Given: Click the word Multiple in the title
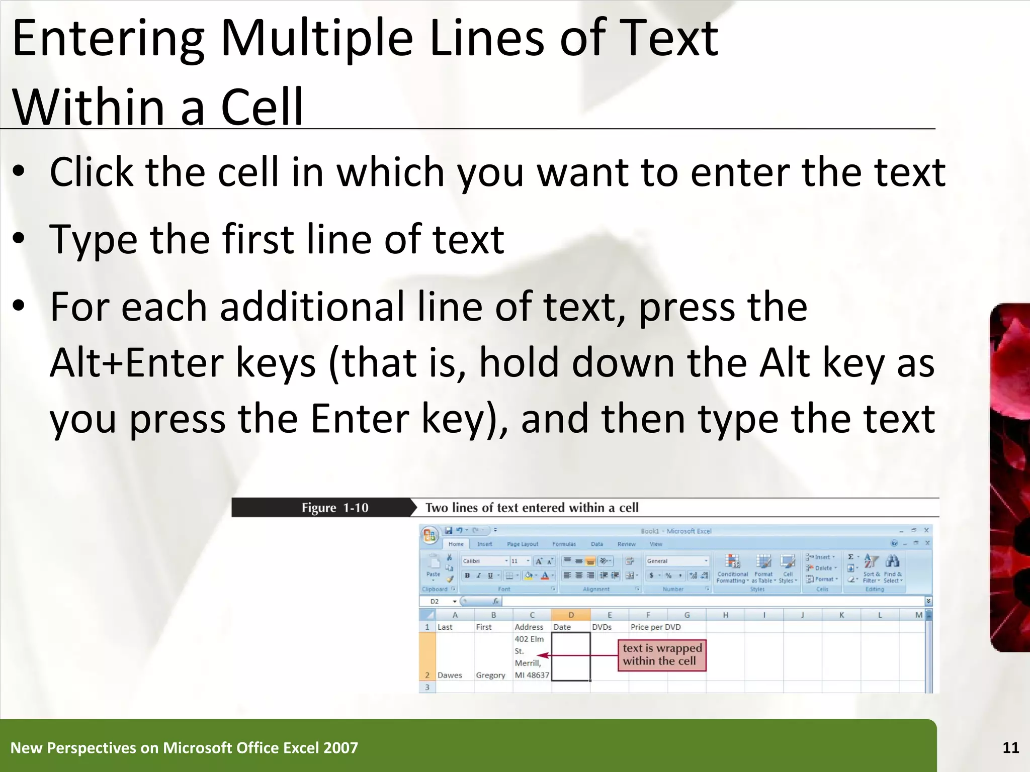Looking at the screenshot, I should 316,39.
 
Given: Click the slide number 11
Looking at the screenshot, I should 1010,748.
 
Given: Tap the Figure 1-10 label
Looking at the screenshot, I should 335,508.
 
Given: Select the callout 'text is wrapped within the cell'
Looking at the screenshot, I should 661,654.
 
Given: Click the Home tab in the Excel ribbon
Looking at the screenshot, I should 456,544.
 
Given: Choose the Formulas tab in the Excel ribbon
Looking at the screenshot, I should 564,544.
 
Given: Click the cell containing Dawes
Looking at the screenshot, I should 450,675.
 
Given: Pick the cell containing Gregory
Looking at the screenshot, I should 490,675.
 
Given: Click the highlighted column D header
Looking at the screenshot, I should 571,615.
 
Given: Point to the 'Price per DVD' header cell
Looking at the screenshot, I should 655,627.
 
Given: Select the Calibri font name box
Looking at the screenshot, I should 483,561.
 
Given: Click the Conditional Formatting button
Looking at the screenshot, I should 732,568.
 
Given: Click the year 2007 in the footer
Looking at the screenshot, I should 340,748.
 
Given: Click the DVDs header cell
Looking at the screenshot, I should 602,627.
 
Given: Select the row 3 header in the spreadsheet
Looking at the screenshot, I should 427,687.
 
